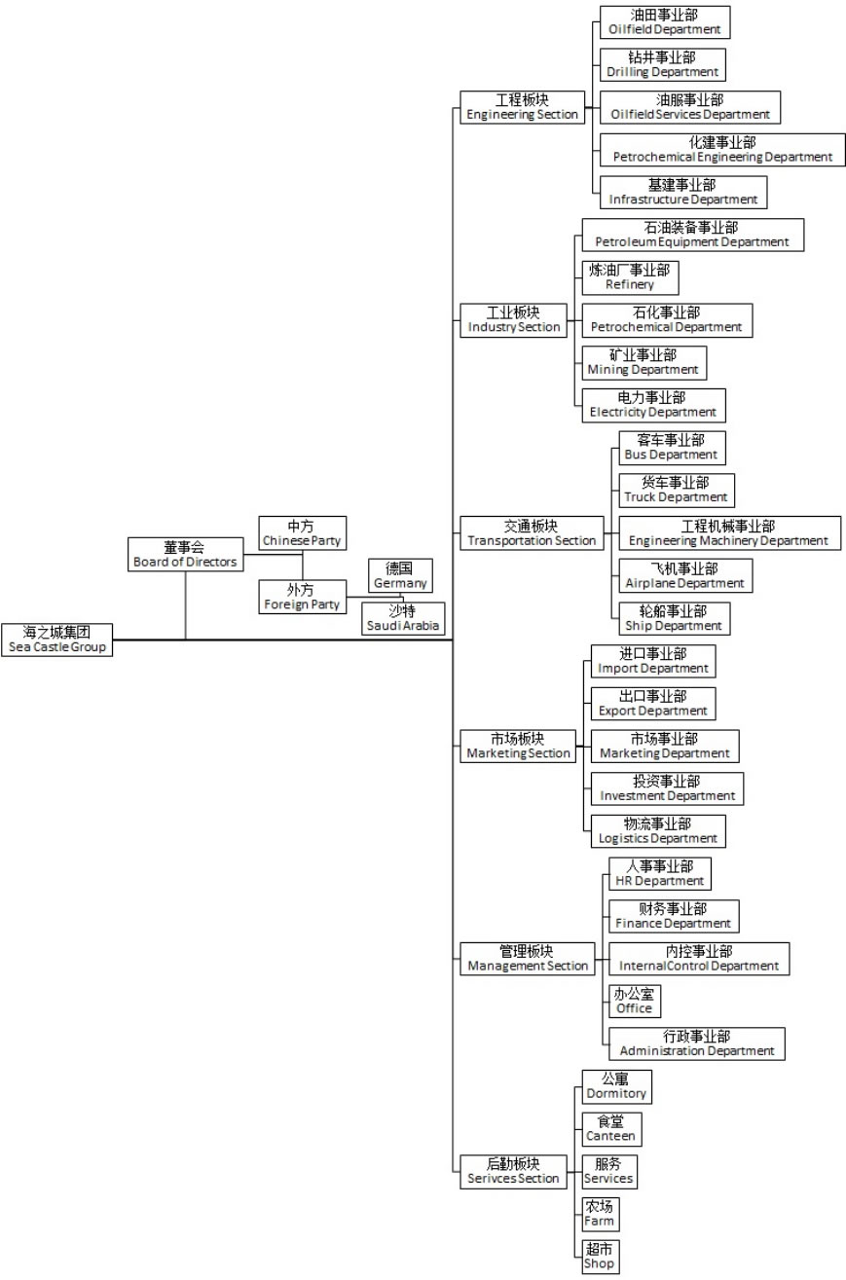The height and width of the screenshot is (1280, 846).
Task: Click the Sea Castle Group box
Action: tap(56, 640)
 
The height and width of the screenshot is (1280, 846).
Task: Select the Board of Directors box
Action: tap(184, 554)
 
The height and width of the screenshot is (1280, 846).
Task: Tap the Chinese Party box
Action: tap(302, 533)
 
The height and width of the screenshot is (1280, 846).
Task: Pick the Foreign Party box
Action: tap(302, 597)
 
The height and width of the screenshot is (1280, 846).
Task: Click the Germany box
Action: tap(399, 575)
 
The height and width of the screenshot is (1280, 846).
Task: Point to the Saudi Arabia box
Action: tap(403, 618)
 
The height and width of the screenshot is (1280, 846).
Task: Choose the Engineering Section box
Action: tap(522, 107)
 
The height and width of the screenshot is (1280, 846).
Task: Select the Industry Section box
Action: tap(514, 319)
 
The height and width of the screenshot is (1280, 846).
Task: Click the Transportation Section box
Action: tap(531, 532)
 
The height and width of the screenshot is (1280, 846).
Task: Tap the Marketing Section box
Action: tap(516, 746)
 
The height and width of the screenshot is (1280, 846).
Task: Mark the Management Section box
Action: tap(527, 959)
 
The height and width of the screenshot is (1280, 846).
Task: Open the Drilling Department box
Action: tap(662, 64)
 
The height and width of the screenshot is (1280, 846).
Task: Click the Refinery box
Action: tap(629, 277)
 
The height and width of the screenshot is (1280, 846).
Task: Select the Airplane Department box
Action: tap(685, 575)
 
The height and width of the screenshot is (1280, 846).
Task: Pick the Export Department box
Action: tap(652, 703)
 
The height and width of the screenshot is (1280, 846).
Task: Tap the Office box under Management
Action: tap(634, 1002)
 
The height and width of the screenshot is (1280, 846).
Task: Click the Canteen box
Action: tap(610, 1129)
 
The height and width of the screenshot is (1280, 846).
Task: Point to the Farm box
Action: tap(599, 1214)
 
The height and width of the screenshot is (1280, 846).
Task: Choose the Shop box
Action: tap(599, 1257)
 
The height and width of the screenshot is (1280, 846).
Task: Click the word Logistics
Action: tap(622, 838)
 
